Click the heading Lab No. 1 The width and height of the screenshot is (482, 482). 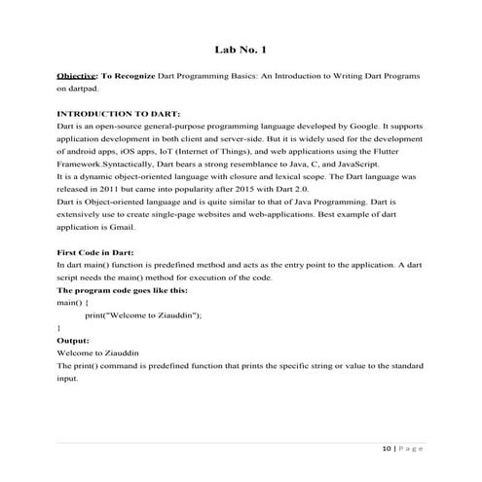point(241,48)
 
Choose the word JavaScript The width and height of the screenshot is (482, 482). point(297,167)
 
